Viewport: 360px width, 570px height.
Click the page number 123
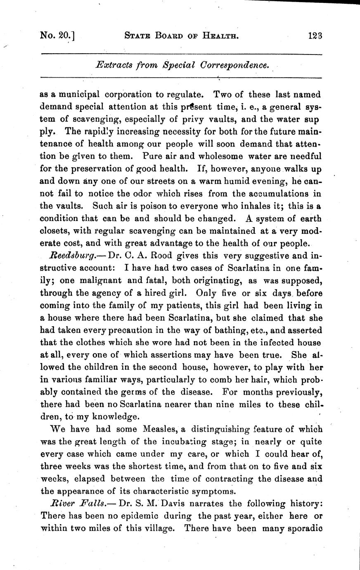tap(314, 36)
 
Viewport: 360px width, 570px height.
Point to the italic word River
tap(62, 504)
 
